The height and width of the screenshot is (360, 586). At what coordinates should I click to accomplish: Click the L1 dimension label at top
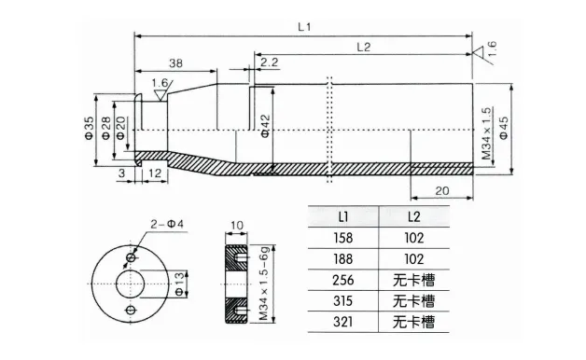click(304, 27)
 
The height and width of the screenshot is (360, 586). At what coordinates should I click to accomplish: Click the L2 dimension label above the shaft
click(363, 47)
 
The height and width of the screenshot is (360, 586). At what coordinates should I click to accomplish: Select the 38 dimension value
click(175, 63)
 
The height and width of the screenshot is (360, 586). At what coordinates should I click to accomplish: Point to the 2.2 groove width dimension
click(270, 62)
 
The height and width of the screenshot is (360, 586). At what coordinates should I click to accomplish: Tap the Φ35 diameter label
click(89, 128)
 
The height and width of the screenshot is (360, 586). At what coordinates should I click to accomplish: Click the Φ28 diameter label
click(106, 128)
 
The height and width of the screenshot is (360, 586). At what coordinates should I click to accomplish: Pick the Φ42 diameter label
click(265, 126)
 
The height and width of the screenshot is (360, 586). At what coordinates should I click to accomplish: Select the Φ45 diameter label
click(504, 128)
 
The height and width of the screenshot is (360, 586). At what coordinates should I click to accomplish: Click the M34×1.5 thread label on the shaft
click(486, 133)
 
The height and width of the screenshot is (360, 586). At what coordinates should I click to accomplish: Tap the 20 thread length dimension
click(441, 191)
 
